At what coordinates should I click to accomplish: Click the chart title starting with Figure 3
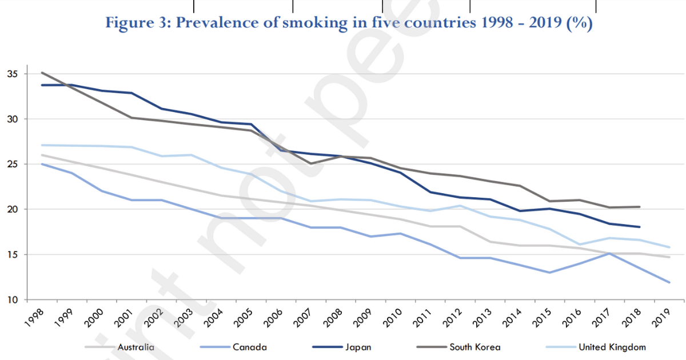(x=349, y=23)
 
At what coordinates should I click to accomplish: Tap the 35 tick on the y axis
(x=12, y=74)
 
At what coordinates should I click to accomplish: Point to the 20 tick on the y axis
(x=12, y=210)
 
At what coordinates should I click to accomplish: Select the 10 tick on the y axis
(x=12, y=299)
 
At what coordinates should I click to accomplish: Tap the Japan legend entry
(x=360, y=347)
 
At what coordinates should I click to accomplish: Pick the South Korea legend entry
(x=474, y=347)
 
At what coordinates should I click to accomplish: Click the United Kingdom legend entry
(x=612, y=347)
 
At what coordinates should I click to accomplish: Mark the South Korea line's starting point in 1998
(x=42, y=73)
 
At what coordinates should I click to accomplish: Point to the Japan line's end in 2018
(x=639, y=227)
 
